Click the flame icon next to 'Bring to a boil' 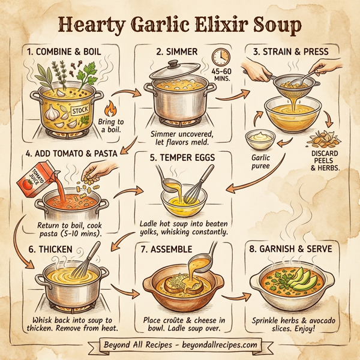[x=110, y=110]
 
